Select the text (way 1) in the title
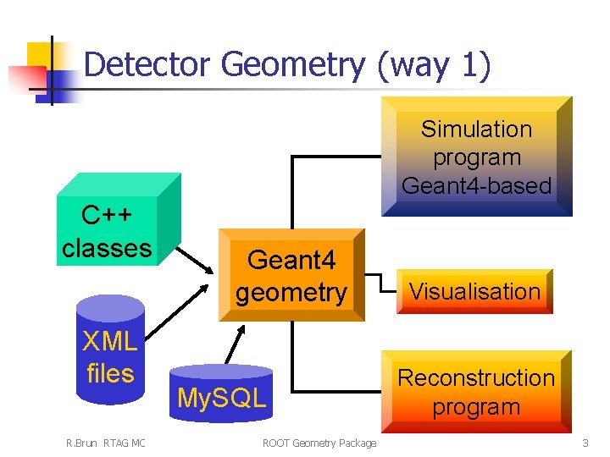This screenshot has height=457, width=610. click(435, 65)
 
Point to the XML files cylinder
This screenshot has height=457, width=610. click(109, 356)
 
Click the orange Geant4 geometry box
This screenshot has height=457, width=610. click(291, 276)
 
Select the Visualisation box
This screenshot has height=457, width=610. click(474, 292)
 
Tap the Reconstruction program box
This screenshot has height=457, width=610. click(475, 392)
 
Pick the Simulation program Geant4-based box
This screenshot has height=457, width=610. click(476, 157)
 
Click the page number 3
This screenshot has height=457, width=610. click(585, 443)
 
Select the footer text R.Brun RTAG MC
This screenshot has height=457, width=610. click(106, 443)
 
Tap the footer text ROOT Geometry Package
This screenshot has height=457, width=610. click(319, 443)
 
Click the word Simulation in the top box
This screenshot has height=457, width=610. click(476, 129)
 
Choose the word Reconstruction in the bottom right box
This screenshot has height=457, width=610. click(476, 377)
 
